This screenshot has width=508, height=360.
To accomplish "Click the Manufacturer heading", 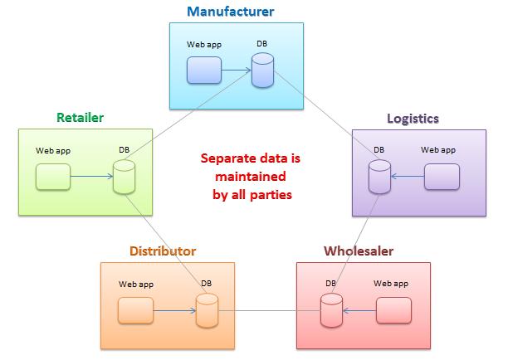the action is tap(231, 12).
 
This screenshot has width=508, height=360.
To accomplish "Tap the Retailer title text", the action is tap(80, 117).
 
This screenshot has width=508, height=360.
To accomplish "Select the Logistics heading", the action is tap(413, 119).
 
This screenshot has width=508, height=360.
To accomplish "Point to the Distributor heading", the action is tap(163, 251).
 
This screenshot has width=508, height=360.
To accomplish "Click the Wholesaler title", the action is tap(359, 251).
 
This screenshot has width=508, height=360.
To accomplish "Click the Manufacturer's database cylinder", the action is tap(262, 71).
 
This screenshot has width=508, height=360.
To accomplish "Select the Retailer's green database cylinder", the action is tap(124, 177).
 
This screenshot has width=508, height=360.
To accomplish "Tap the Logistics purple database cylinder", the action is tap(379, 177).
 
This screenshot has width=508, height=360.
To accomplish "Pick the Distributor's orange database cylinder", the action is tap(207, 311).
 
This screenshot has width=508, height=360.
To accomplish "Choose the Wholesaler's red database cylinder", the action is tap(331, 311).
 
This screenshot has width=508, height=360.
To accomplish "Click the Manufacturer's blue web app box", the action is tap(204, 71).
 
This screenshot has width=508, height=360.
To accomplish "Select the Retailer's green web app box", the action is tap(53, 177).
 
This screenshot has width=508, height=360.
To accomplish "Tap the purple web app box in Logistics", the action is tap(442, 177).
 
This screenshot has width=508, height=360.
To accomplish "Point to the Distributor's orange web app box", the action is tap(135, 310).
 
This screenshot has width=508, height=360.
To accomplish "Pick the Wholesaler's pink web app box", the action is tap(393, 310).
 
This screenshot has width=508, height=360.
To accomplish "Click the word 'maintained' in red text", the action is tap(251, 177).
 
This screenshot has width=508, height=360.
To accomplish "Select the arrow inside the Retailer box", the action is tap(91, 177).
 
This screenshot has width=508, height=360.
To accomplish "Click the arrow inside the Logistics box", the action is tap(408, 177).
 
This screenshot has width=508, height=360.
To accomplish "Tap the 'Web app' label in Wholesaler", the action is tap(391, 284).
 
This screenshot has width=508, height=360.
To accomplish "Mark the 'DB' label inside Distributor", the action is tap(206, 284).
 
